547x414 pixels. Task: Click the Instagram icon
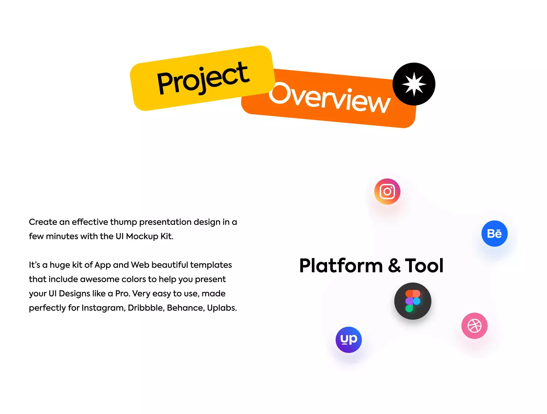tap(387, 191)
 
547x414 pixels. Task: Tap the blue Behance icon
tap(494, 233)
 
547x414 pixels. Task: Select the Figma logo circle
tap(413, 301)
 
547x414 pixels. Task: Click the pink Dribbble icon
tap(474, 326)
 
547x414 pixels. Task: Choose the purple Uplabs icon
tap(349, 340)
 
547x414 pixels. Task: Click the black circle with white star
tap(414, 84)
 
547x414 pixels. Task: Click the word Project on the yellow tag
tap(203, 78)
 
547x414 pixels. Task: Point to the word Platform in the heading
tap(341, 265)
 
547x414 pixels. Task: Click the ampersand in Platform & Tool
tap(394, 265)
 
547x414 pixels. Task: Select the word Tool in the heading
tap(424, 265)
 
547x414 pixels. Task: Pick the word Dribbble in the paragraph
tap(146, 308)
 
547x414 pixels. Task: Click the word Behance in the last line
tap(186, 308)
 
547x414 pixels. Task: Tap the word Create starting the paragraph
tap(43, 222)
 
